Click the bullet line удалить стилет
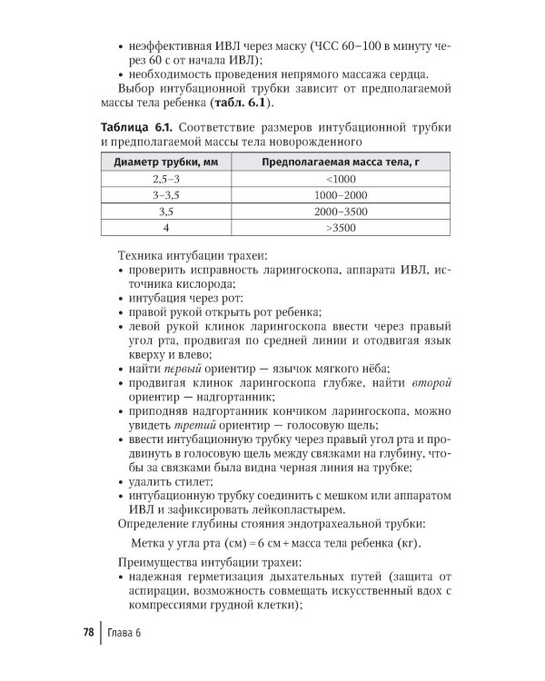click(x=173, y=482)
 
